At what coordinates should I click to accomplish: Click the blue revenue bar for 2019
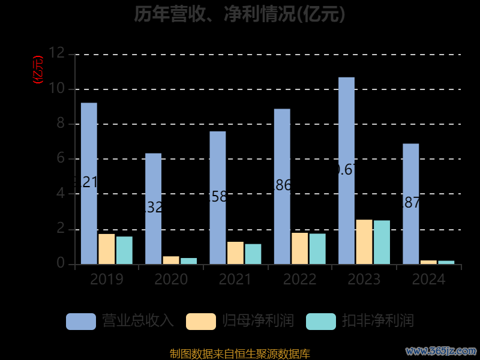click(x=89, y=183)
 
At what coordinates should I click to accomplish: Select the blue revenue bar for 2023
click(x=346, y=170)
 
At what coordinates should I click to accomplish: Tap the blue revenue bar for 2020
click(x=153, y=208)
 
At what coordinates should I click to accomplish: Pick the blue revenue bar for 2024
click(x=410, y=203)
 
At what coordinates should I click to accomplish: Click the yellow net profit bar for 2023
click(x=364, y=242)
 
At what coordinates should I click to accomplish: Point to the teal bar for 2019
click(x=124, y=250)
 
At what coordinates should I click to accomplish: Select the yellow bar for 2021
click(x=235, y=253)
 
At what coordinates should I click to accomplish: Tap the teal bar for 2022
click(x=317, y=248)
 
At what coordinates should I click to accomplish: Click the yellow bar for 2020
click(x=171, y=260)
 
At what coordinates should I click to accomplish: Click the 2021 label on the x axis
click(x=235, y=280)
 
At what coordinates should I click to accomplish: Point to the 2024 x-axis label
click(x=428, y=280)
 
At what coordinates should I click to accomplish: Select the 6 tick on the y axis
click(x=60, y=159)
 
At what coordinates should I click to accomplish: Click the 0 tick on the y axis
click(x=60, y=264)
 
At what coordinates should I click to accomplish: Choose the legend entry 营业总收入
click(x=120, y=321)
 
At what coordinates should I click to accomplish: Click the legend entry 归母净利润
click(x=240, y=321)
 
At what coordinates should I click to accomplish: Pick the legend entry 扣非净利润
click(x=360, y=321)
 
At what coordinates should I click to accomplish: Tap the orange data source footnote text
click(x=240, y=354)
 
